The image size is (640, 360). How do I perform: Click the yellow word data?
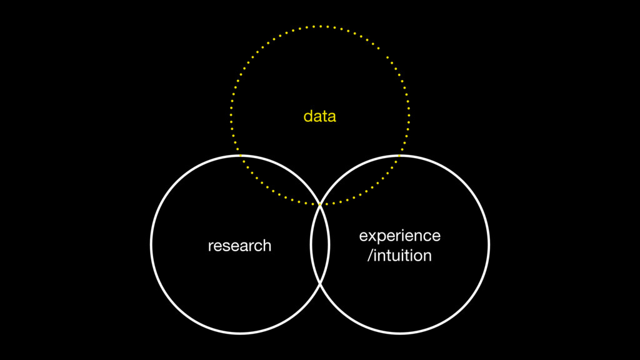(x=319, y=116)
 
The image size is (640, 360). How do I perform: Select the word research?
(x=239, y=246)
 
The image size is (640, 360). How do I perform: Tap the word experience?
(x=399, y=236)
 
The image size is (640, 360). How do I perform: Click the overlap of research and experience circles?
(x=320, y=244)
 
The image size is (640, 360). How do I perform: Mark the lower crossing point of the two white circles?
(x=320, y=284)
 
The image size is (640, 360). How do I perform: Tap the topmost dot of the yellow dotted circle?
(x=320, y=26)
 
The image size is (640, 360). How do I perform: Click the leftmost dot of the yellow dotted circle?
(x=231, y=116)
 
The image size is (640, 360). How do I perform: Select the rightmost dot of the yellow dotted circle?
(x=409, y=116)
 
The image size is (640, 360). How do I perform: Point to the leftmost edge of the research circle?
(x=151, y=244)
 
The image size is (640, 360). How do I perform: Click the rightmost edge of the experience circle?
(x=489, y=244)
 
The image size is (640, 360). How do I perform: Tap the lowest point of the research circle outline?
(x=240, y=333)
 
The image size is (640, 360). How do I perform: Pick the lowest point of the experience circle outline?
(x=400, y=333)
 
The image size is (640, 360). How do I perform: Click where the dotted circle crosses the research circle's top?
(x=240, y=155)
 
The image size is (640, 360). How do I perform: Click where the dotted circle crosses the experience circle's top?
(x=401, y=155)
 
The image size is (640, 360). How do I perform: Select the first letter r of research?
(x=211, y=246)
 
